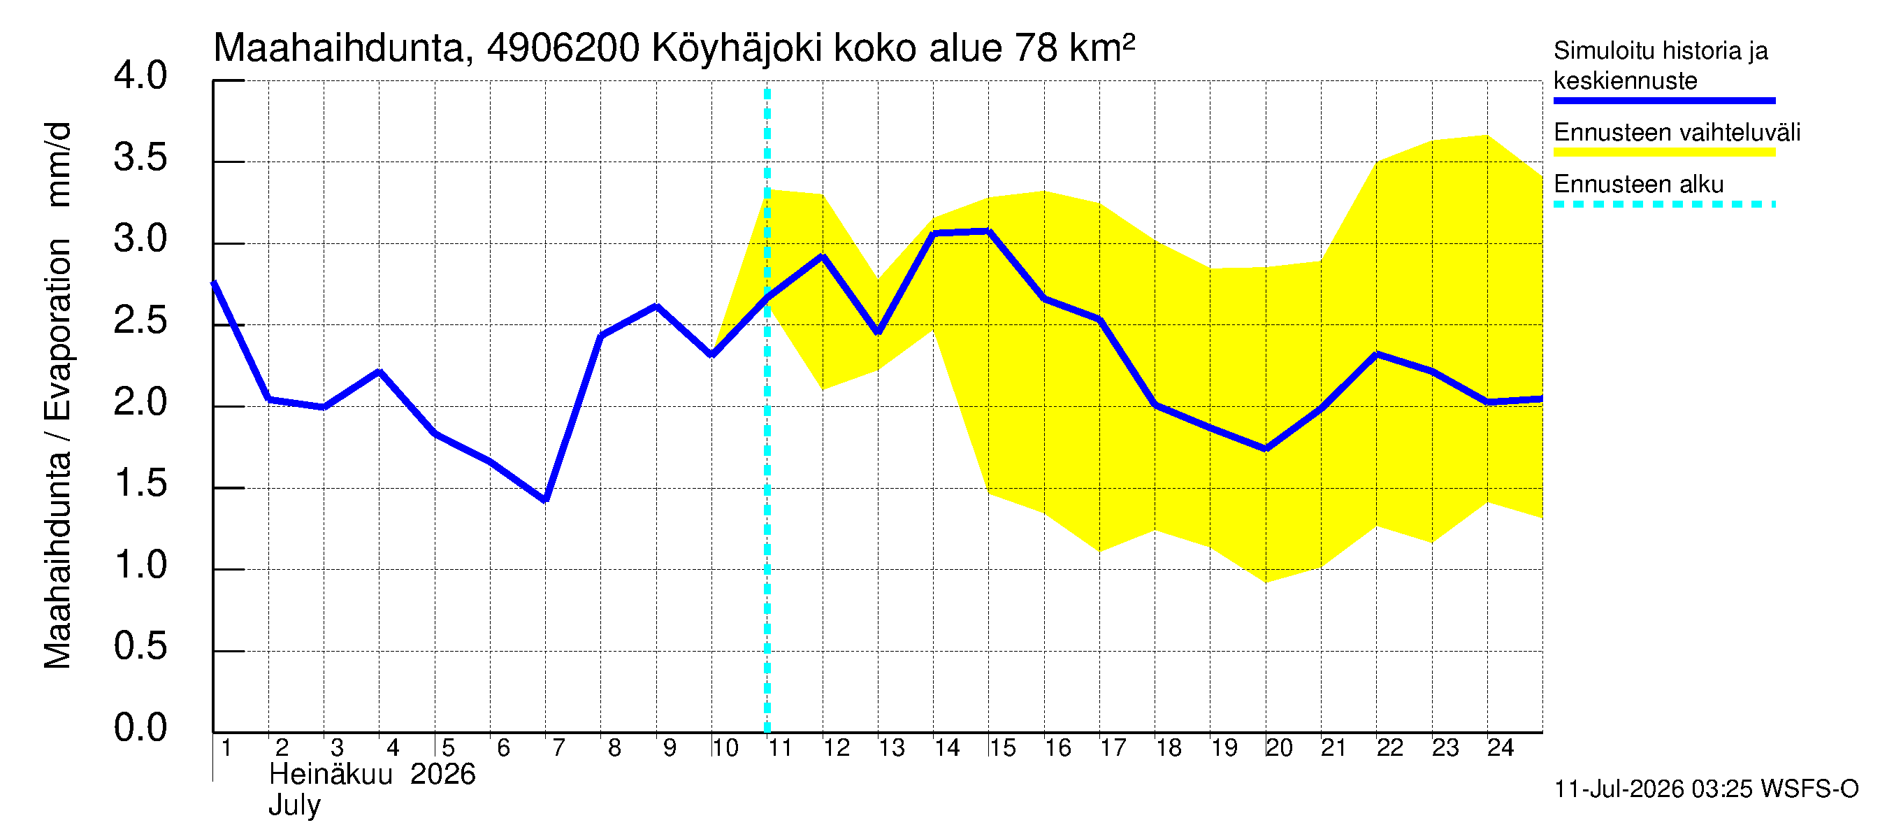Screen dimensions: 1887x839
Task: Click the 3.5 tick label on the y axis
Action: (x=140, y=157)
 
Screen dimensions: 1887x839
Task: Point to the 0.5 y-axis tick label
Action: (x=140, y=646)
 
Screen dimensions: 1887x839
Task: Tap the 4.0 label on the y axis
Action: (x=140, y=76)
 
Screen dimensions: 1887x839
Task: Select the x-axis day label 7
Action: (x=559, y=747)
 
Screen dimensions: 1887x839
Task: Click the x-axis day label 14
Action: (x=946, y=747)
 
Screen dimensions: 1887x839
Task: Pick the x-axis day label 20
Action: (x=1279, y=747)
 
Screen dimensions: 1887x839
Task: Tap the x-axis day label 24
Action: (x=1501, y=747)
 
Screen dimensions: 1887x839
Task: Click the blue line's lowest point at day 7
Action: (x=546, y=500)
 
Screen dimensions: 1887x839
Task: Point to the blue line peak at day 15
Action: (x=988, y=231)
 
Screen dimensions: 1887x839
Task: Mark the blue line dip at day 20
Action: (x=1266, y=448)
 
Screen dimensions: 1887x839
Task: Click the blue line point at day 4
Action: (x=379, y=372)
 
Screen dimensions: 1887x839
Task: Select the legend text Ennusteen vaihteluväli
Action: (x=1677, y=133)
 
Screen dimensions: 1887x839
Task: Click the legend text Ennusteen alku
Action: (x=1639, y=184)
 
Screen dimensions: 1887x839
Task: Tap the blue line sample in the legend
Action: (x=1664, y=101)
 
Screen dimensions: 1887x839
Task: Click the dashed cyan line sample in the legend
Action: (x=1664, y=204)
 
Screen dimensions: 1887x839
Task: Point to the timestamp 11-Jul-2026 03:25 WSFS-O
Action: (x=1706, y=789)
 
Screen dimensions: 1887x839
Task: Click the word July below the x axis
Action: (x=294, y=805)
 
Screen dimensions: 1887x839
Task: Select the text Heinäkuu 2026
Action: (x=372, y=775)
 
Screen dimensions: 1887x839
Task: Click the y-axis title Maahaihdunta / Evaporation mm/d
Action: (x=58, y=396)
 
